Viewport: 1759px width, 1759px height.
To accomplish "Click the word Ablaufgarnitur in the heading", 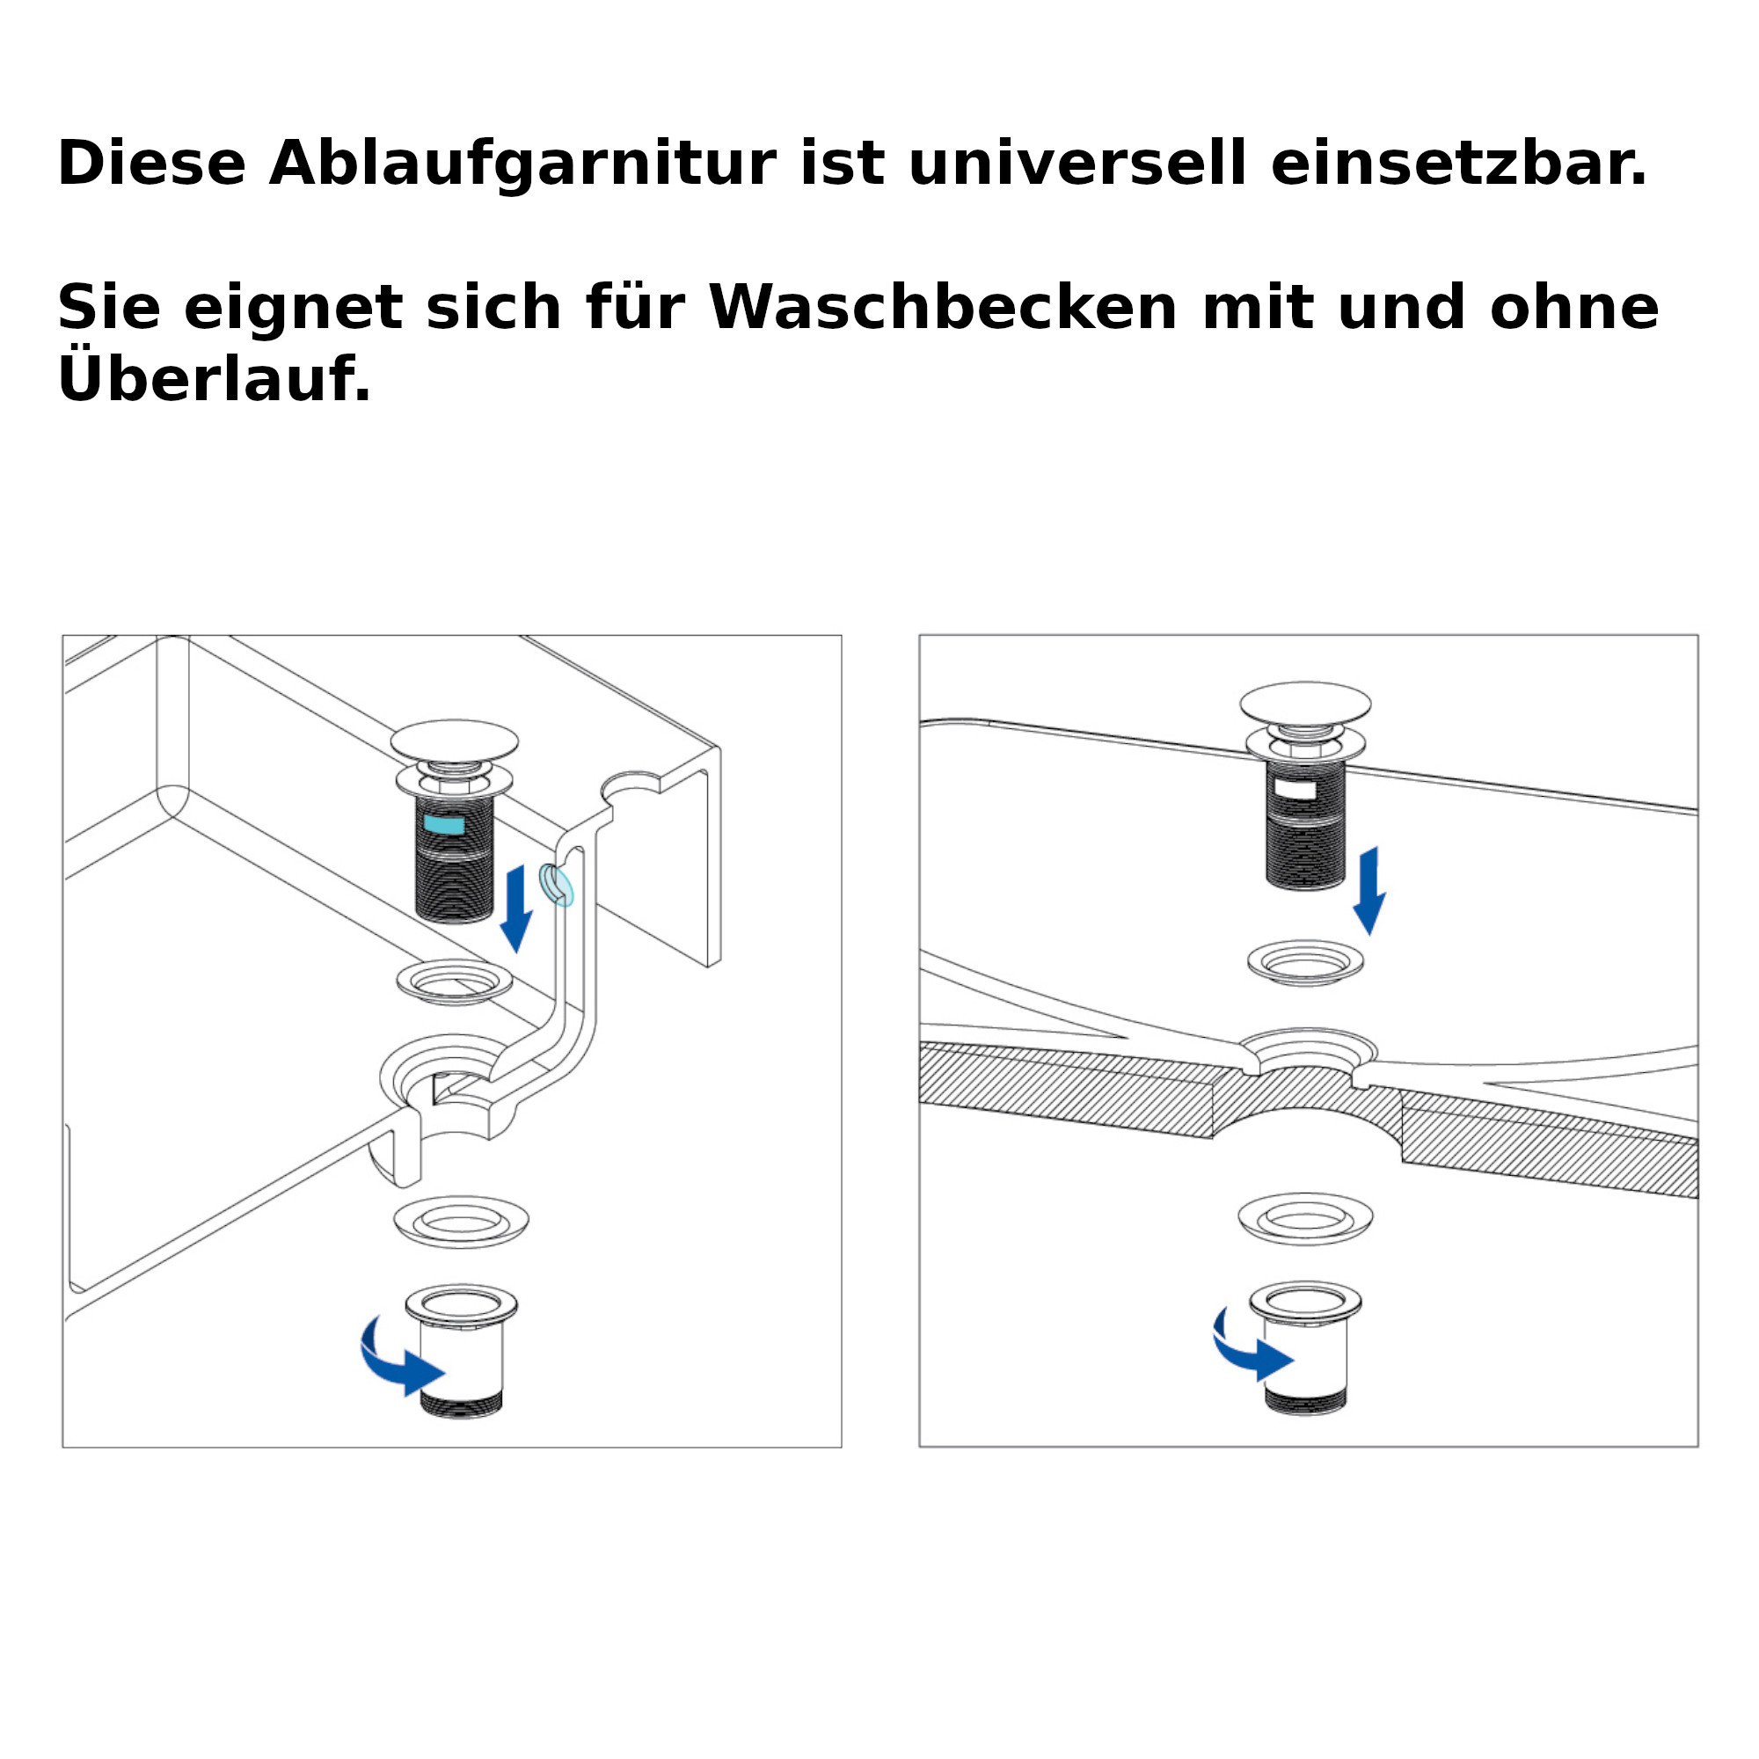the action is click(522, 164).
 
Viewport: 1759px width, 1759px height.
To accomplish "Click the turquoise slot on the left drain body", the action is click(444, 825).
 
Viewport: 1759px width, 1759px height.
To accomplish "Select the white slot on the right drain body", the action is click(1295, 788).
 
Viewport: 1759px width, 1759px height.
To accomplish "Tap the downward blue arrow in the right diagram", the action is click(1369, 890).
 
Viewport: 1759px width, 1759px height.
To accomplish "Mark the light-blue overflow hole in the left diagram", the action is click(557, 885).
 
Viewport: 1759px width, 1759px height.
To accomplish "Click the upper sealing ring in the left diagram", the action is click(455, 982).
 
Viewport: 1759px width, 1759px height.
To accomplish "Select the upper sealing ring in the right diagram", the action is click(1305, 962).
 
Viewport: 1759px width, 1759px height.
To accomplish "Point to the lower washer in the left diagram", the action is click(462, 1222).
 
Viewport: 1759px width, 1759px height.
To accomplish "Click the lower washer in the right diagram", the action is click(1305, 1218).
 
